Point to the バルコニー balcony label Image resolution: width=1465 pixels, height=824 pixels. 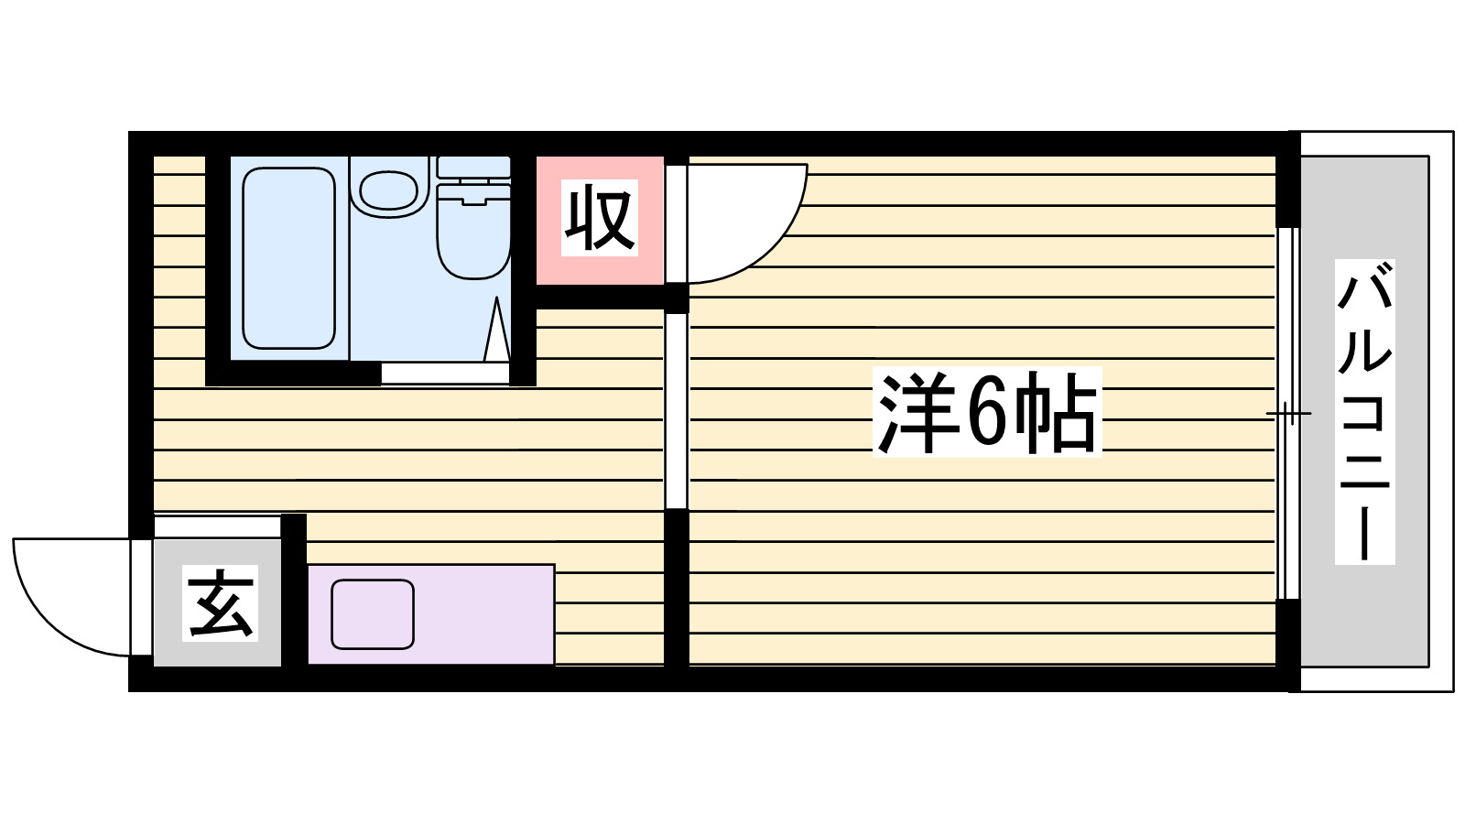[x=1364, y=412]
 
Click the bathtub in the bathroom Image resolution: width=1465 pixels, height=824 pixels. [x=288, y=258]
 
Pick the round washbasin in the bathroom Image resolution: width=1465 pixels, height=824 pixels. [x=389, y=189]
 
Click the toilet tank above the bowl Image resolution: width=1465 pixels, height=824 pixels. [x=473, y=167]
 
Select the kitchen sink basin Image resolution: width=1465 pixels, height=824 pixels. [x=373, y=613]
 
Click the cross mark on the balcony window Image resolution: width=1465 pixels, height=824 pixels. [x=1288, y=414]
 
